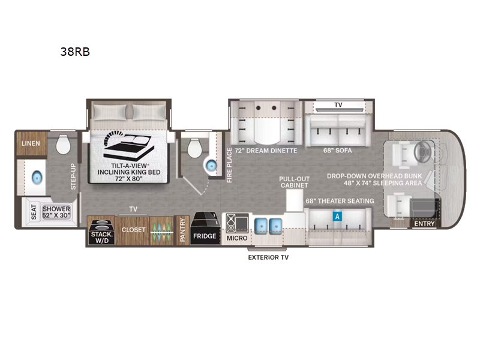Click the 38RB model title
(x=75, y=51)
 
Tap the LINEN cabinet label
(x=31, y=144)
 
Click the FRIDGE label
(x=204, y=236)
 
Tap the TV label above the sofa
(x=338, y=105)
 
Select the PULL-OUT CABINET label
(x=293, y=182)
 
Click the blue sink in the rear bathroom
(x=36, y=178)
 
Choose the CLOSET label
(x=133, y=230)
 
